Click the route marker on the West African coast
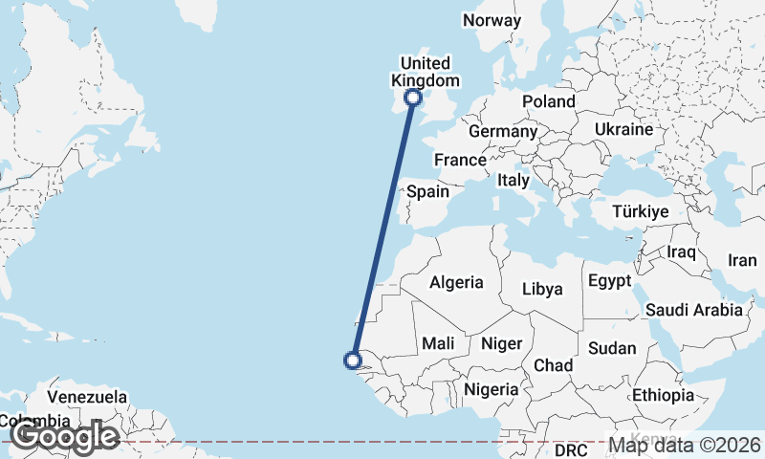[352, 361]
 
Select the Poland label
[549, 101]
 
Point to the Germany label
[504, 131]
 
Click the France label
[460, 160]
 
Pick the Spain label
[427, 191]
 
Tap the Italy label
[514, 180]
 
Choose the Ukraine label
[623, 129]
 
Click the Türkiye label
[639, 212]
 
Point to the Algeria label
[456, 283]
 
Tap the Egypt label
[609, 281]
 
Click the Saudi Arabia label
[694, 310]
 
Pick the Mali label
[438, 343]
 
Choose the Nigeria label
[491, 389]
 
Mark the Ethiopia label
[663, 395]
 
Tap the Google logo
[64, 436]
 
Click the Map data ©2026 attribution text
[686, 445]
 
